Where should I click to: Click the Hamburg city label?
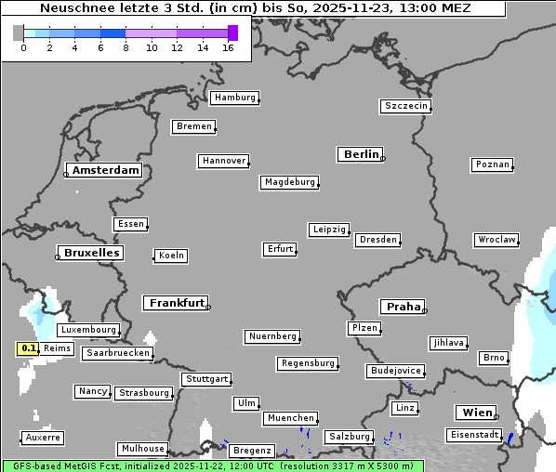(x=234, y=98)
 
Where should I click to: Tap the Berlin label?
(x=361, y=154)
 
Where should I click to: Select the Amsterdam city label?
(x=105, y=170)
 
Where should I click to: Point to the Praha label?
(x=403, y=307)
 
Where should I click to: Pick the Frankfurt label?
(x=176, y=303)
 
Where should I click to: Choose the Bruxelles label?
(x=91, y=253)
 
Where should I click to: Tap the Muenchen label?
(x=291, y=418)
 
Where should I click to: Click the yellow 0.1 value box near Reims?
(x=28, y=348)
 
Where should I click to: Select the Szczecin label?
(x=406, y=106)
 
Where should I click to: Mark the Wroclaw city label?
(x=496, y=240)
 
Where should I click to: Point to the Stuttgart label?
(x=206, y=379)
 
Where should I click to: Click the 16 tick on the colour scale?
(x=228, y=47)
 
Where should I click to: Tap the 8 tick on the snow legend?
(x=126, y=47)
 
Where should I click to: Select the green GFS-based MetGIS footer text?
(x=211, y=465)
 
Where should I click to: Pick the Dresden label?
(x=377, y=240)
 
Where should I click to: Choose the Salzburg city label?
(x=349, y=437)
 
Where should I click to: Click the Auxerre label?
(x=43, y=437)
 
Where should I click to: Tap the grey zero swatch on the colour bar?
(x=19, y=33)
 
